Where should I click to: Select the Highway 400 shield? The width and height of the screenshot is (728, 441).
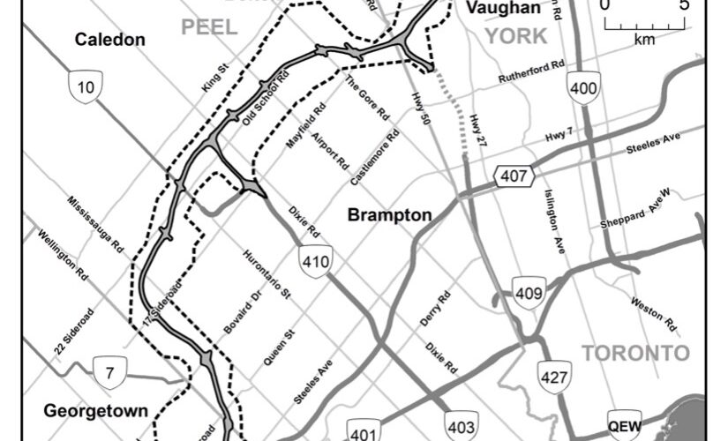pyautogui.click(x=584, y=88)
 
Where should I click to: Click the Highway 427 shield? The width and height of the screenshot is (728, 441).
pyautogui.click(x=554, y=377)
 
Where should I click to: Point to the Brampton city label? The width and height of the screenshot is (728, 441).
pyautogui.click(x=389, y=215)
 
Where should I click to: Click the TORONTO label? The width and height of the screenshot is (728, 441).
pyautogui.click(x=634, y=354)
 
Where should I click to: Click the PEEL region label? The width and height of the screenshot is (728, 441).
pyautogui.click(x=210, y=27)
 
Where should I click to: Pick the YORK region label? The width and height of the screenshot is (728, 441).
pyautogui.click(x=516, y=35)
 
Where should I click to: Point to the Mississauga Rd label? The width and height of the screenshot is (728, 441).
pyautogui.click(x=94, y=226)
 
